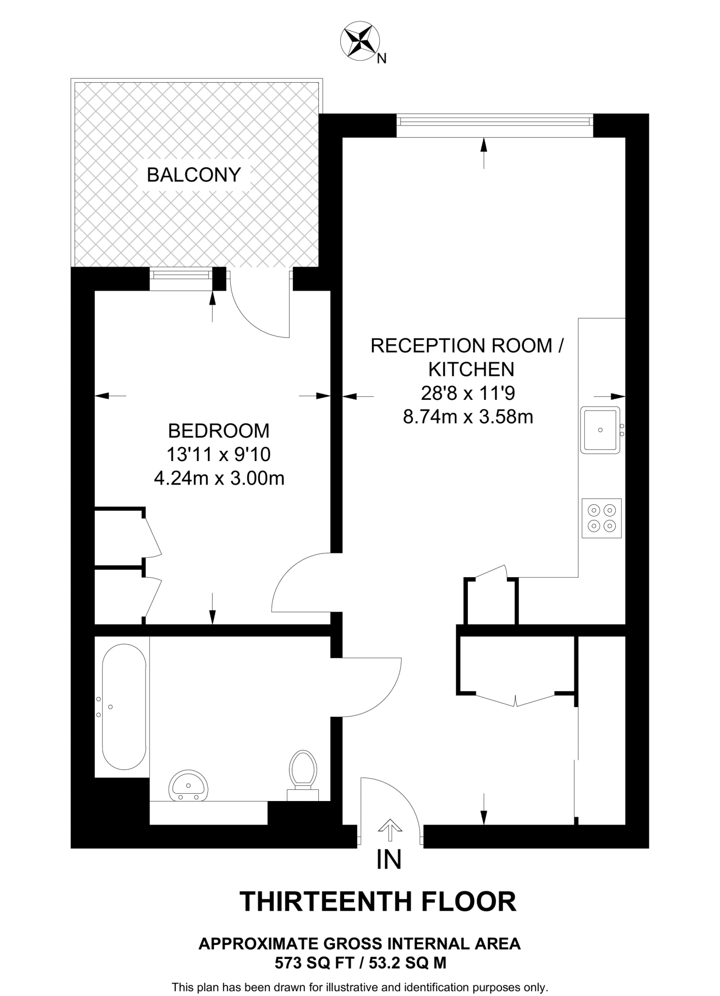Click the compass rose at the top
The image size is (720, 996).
coord(360,42)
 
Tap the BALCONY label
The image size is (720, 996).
coord(194,175)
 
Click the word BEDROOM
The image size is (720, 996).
coord(219,431)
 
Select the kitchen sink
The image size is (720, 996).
coord(600,430)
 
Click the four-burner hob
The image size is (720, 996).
coord(602,518)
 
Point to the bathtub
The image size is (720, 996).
coord(124,707)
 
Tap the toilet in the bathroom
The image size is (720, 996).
coord(303,771)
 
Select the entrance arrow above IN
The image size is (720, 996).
coord(390,829)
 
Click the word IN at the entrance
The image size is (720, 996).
coord(389,859)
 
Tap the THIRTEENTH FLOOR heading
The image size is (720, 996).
coord(378,902)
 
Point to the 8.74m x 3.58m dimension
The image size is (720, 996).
coord(468,417)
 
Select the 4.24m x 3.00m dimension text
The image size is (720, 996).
coord(219,479)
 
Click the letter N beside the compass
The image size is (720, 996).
coord(382,59)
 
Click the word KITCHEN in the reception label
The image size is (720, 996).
coord(471,370)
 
